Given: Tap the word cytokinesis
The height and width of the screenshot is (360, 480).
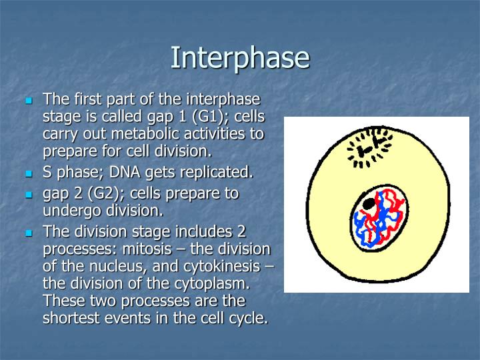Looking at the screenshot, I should click(223, 267).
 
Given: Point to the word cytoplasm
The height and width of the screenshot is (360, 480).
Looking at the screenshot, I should click(203, 284).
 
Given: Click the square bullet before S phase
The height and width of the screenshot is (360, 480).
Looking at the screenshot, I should click(29, 173).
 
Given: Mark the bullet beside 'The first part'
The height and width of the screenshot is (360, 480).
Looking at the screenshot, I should click(29, 101).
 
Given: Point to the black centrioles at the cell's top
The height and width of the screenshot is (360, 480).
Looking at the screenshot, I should click(369, 147).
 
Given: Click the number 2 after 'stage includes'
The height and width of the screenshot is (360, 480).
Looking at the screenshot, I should click(242, 232).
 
